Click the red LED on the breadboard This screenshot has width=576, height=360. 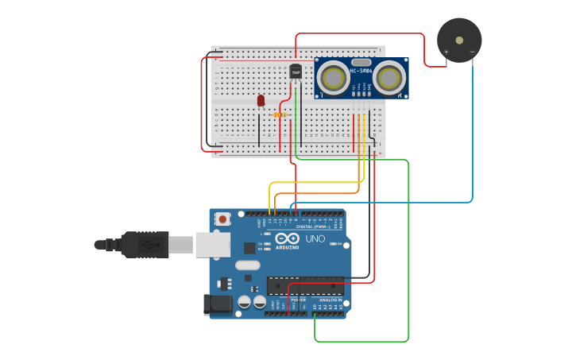261,100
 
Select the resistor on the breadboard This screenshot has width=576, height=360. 280,114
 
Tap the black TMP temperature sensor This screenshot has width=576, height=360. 296,72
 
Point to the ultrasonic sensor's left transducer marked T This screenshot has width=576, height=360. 332,77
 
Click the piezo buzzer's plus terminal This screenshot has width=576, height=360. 446,52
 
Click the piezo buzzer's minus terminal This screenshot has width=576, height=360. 472,52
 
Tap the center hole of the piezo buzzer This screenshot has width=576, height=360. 458,39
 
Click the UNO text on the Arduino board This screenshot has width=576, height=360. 315,238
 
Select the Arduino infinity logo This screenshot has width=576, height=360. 287,238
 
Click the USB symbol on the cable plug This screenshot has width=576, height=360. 148,245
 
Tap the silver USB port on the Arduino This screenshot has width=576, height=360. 212,245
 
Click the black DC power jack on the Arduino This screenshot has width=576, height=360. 218,304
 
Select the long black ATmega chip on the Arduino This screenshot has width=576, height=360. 305,285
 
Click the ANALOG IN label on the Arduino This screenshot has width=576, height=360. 331,300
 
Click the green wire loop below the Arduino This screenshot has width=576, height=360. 361,342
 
